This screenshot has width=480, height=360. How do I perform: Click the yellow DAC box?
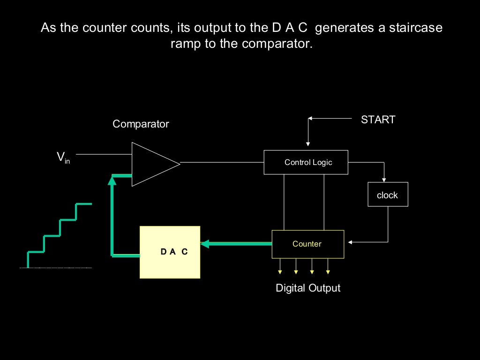point(170,252)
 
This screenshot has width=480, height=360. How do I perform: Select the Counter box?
point(307,244)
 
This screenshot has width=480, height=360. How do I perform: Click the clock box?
point(388,195)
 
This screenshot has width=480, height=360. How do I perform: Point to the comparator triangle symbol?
point(152,164)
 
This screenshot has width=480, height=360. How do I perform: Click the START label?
point(378,120)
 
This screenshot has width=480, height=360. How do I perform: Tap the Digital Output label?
point(308,288)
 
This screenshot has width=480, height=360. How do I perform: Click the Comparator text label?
point(141,124)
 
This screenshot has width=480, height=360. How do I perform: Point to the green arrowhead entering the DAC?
point(204,243)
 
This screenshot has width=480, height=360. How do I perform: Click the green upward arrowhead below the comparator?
point(112,180)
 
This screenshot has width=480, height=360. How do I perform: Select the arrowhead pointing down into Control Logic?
point(308,143)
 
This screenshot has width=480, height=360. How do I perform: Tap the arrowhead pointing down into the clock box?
point(384,180)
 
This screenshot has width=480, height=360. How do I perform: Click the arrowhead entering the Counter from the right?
point(350,242)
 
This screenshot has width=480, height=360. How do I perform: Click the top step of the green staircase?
point(84,204)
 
